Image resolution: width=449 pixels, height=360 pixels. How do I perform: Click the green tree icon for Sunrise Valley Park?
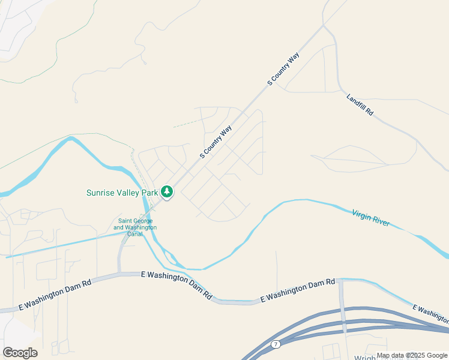click(x=167, y=192)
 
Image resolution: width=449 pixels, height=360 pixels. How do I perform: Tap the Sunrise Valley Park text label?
click(x=122, y=193)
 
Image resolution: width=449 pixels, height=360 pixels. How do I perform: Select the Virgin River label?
click(x=370, y=217)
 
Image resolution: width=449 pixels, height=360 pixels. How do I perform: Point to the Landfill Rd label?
click(x=360, y=104)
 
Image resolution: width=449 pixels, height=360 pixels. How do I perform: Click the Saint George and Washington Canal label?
click(x=135, y=224)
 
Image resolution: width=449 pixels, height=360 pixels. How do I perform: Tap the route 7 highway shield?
click(x=276, y=344)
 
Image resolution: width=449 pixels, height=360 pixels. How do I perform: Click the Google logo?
click(x=20, y=353)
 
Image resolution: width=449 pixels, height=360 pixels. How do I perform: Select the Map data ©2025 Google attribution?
click(x=412, y=355)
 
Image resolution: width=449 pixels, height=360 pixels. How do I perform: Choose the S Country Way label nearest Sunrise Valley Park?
click(x=216, y=142)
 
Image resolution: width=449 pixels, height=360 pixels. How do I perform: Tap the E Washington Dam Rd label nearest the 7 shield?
click(x=297, y=289)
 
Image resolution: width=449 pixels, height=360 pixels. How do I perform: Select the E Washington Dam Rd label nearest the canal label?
click(x=176, y=286)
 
